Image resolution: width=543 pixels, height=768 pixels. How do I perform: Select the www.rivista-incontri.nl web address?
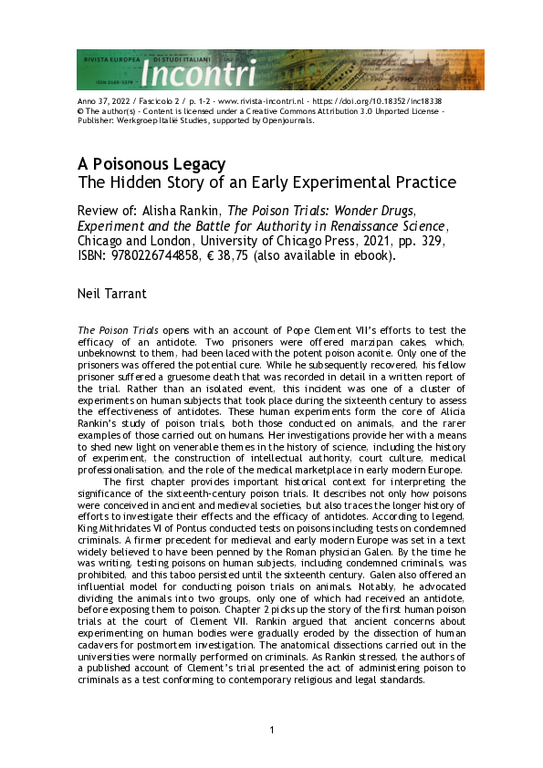[x=260, y=101]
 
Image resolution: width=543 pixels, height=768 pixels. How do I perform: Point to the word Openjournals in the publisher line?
[x=288, y=119]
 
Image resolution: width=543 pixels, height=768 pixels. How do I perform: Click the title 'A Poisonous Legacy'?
[x=151, y=164]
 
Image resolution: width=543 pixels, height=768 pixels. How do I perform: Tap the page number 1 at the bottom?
[x=272, y=730]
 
